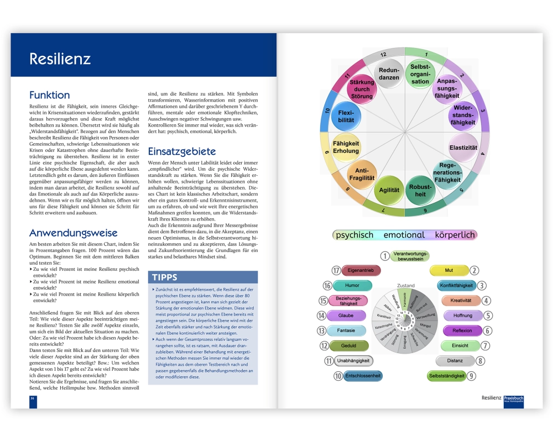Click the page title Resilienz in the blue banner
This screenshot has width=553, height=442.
60,59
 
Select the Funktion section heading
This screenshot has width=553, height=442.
50,94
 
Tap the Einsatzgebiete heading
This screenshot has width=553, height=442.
182,151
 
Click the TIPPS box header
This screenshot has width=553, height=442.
165,277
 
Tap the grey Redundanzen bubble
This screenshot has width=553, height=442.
389,74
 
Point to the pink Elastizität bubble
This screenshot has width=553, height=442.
463,148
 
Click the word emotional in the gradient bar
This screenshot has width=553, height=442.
404,235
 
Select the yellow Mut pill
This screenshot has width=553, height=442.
448,271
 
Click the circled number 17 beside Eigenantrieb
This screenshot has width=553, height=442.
336,271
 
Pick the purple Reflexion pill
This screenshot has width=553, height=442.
462,331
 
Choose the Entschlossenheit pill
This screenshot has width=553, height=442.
363,376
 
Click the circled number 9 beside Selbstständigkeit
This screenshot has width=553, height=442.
471,376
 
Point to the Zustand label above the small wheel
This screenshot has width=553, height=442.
405,286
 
